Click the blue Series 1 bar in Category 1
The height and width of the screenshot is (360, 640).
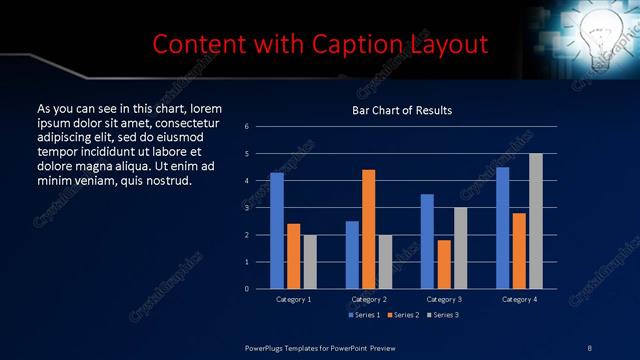[277, 231]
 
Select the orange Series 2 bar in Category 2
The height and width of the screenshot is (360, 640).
[368, 229]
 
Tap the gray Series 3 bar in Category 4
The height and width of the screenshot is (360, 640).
[535, 221]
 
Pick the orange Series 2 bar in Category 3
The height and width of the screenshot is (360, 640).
[443, 264]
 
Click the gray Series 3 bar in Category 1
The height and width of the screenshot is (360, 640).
[310, 262]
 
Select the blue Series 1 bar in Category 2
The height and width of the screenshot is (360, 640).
[352, 255]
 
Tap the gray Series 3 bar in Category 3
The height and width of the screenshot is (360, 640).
[460, 248]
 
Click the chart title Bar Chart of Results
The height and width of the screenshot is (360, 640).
[402, 110]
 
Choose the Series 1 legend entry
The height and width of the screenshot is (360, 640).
[363, 316]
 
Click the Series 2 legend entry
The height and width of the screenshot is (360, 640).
[402, 316]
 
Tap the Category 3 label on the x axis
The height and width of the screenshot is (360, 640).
[443, 299]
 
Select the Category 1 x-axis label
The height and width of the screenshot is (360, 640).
[293, 299]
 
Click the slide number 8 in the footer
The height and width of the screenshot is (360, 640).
[589, 347]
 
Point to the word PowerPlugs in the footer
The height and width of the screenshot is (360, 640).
[267, 347]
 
